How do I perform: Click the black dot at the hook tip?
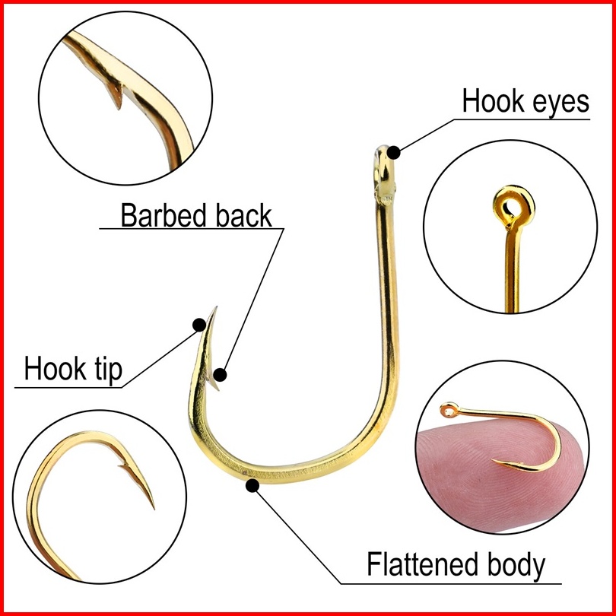[200, 325]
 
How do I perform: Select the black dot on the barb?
[221, 374]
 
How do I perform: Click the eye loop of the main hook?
[380, 162]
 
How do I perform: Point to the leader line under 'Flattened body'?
[456, 583]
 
